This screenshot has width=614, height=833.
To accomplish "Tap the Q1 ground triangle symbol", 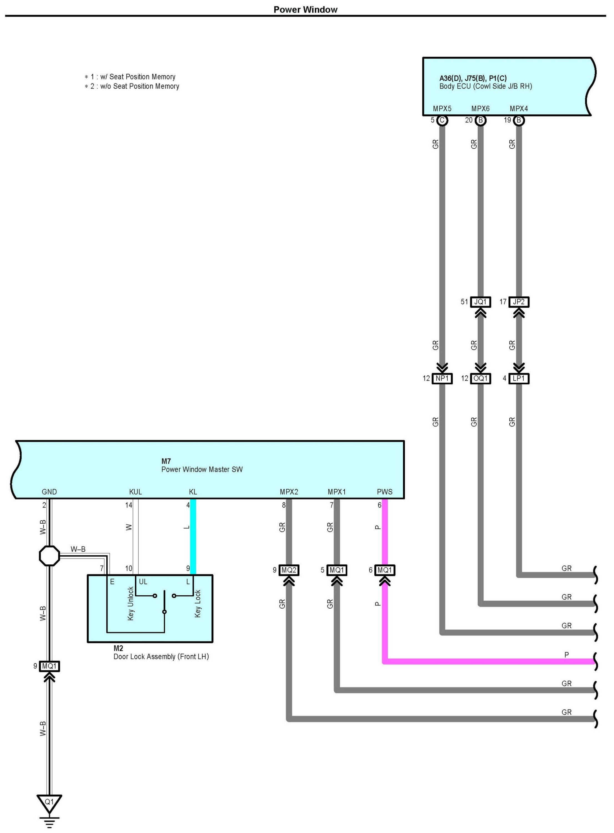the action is click(x=49, y=803).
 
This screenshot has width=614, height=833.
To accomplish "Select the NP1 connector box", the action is click(x=442, y=378).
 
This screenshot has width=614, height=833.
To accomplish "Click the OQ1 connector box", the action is click(x=481, y=378).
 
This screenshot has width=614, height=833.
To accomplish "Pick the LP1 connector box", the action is click(x=519, y=378).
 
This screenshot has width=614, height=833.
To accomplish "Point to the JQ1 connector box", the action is click(x=481, y=302).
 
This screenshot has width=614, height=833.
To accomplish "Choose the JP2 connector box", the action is click(x=519, y=302).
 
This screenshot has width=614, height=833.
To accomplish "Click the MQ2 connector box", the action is click(x=289, y=570).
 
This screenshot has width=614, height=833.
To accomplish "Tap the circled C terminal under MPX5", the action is click(x=442, y=121).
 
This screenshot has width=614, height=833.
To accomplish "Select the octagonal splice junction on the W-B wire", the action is click(x=49, y=556).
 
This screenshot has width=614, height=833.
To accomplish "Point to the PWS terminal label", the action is click(x=385, y=492).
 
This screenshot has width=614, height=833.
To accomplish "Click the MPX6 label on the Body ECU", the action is click(x=481, y=109).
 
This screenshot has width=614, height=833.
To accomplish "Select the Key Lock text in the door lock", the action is click(x=197, y=603).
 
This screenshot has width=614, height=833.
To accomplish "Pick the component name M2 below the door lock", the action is click(x=118, y=648).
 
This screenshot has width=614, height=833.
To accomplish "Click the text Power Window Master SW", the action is click(x=202, y=469).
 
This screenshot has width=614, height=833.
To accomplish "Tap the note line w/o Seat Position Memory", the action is click(x=132, y=86).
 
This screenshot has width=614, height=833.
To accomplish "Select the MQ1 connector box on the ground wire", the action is click(x=49, y=666).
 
